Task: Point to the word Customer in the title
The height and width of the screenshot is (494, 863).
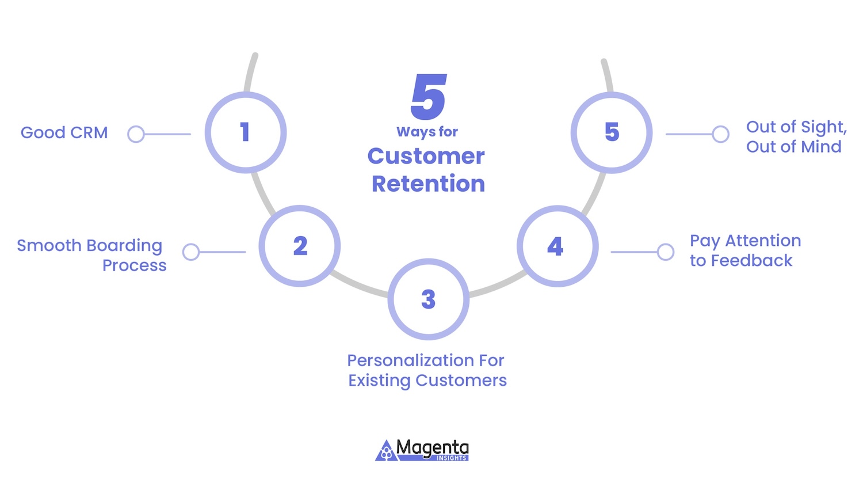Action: coord(426,156)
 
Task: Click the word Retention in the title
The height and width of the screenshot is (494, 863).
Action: coord(429,183)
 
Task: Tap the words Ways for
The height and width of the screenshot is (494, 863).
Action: coord(427,132)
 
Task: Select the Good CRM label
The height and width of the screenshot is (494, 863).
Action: coord(64,132)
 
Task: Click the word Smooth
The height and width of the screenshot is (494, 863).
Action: coord(49,245)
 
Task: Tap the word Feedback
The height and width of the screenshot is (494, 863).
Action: coord(751,261)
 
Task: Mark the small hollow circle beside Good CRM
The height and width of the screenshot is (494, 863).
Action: coord(136,134)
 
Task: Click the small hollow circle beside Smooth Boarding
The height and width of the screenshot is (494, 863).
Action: coord(191,252)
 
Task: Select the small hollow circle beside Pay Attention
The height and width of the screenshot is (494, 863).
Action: coord(665,252)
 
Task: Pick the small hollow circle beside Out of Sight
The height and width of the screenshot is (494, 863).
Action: coord(720,134)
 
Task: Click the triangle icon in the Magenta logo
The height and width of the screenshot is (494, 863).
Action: coord(386,451)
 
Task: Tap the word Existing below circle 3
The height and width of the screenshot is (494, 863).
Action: coord(380,381)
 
